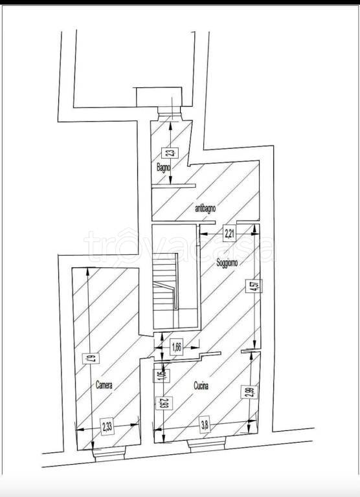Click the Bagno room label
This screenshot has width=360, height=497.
[163, 168]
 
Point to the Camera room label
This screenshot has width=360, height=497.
[104, 385]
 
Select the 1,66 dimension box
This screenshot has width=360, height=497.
[175, 347]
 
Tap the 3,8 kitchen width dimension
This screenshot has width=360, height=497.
[205, 425]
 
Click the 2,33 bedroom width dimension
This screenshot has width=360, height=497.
[107, 426]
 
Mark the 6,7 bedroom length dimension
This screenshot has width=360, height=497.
[94, 357]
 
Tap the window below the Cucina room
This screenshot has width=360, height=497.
[205, 445]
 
